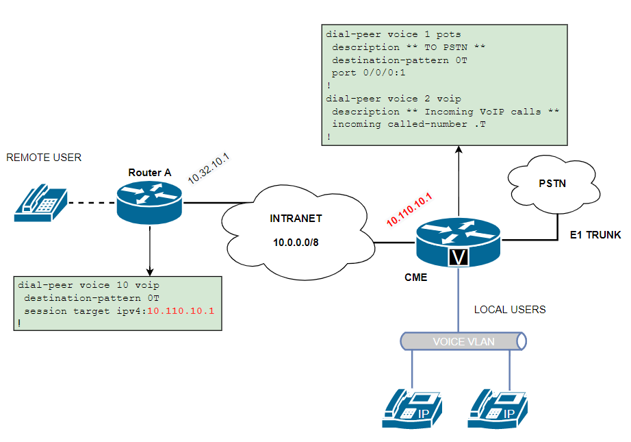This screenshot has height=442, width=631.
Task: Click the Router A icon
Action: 149,202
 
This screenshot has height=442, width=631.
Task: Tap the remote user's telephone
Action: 41,202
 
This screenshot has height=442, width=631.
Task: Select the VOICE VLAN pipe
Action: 463,341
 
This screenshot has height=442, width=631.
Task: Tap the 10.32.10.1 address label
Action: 208,168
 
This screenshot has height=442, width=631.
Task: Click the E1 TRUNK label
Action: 595,235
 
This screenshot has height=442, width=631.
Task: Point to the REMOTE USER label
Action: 44,158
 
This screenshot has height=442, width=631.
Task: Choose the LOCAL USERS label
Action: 510,310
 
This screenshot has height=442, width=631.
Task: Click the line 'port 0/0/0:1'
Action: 369,73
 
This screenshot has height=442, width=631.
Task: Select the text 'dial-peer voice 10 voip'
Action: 90,285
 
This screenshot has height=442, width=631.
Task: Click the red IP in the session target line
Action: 181,310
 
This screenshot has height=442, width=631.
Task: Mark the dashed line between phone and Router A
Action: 91,203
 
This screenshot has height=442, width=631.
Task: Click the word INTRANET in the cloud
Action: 296,219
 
